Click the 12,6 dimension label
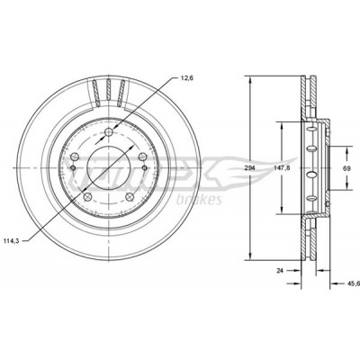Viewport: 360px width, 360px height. [x=187, y=78]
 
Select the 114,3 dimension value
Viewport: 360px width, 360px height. [x=12, y=240]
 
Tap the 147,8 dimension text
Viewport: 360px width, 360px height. [x=282, y=168]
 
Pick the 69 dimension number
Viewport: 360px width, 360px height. [x=346, y=168]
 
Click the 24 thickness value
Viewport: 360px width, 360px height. [x=280, y=271]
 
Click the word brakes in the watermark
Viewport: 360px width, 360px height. [x=199, y=200]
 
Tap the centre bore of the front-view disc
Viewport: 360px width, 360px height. [x=108, y=168]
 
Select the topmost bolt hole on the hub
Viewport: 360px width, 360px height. [x=109, y=132]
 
